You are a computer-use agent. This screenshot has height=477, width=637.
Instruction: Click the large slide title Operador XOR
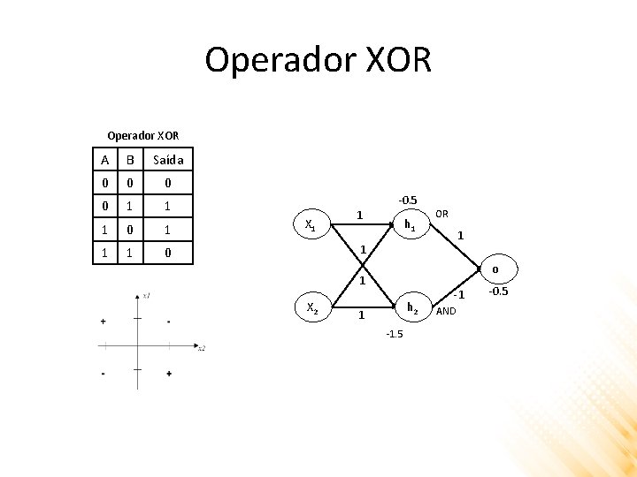(318, 60)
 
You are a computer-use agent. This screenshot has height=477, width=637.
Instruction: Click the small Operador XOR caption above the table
(142, 136)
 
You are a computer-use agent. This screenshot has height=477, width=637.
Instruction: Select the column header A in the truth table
(105, 160)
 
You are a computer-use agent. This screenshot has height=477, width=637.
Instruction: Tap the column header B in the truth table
(130, 160)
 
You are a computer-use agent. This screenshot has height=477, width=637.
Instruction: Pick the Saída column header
(168, 160)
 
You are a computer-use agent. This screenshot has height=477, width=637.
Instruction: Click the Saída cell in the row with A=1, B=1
(168, 254)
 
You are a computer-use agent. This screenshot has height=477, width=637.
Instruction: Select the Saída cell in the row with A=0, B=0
(168, 183)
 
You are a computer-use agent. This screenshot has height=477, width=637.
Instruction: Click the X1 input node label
(311, 225)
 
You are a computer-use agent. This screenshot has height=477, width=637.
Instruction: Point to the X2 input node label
(311, 307)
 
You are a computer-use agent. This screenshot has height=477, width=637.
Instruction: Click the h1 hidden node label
(410, 225)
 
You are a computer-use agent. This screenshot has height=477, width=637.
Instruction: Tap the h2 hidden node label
(411, 307)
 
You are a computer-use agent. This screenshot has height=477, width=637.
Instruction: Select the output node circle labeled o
(495, 269)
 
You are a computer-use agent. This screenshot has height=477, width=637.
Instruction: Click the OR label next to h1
(441, 214)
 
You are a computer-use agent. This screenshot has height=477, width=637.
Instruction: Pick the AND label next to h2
(446, 311)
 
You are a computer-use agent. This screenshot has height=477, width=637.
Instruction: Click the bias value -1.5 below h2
(394, 334)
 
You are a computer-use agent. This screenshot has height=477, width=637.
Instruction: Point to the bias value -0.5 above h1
(407, 200)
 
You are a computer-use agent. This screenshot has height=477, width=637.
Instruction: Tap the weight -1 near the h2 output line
(458, 293)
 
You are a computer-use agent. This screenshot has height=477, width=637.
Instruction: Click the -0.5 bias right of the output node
(499, 291)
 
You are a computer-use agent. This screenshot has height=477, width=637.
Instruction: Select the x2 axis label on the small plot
(202, 348)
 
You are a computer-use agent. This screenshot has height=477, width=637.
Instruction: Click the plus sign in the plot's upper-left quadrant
(104, 322)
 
